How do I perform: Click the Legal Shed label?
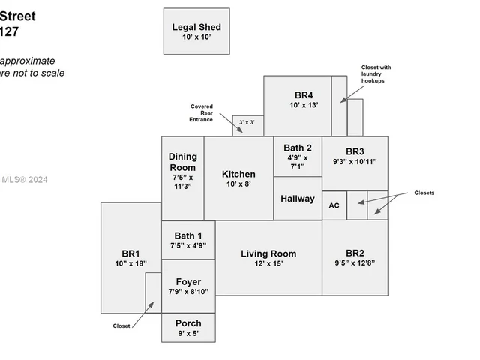pyautogui.click(x=196, y=28)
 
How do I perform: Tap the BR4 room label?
pyautogui.click(x=304, y=95)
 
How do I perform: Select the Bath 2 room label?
pyautogui.click(x=298, y=148)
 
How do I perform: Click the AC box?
pyautogui.click(x=334, y=205)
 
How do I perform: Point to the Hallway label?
pyautogui.click(x=298, y=199)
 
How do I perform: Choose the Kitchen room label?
pyautogui.click(x=238, y=175)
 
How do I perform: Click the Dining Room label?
pyautogui.click(x=182, y=162)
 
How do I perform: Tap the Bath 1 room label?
pyautogui.click(x=188, y=235)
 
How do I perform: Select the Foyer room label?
pyautogui.click(x=188, y=282)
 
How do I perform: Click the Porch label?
pyautogui.click(x=188, y=323)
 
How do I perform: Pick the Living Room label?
pyautogui.click(x=268, y=253)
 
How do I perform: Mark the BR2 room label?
pyautogui.click(x=355, y=253)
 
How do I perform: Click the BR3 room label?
pyautogui.click(x=355, y=151)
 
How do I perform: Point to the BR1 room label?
pyautogui.click(x=131, y=253)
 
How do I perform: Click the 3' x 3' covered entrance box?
pyautogui.click(x=247, y=122)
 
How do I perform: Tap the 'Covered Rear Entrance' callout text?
pyautogui.click(x=202, y=112)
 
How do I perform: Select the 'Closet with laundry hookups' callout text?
pyautogui.click(x=376, y=74)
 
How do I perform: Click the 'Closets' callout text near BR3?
pyautogui.click(x=424, y=193)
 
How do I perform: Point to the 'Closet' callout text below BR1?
pyautogui.click(x=121, y=325)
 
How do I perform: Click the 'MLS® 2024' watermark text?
pyautogui.click(x=24, y=179)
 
